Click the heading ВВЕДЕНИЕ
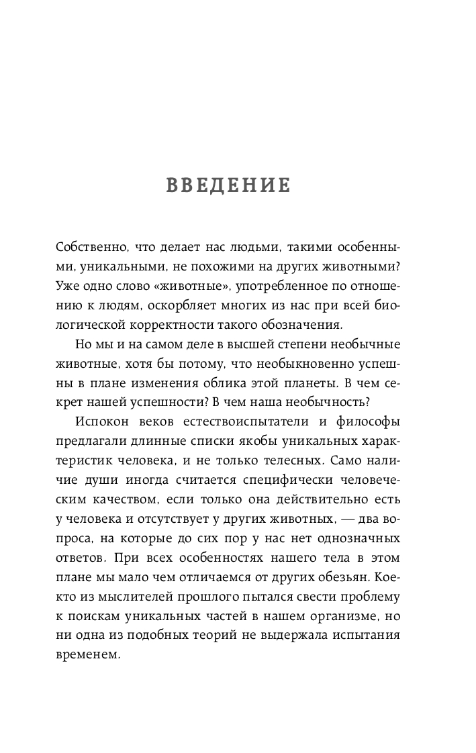point(228,186)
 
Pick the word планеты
point(299,384)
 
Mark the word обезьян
point(367,578)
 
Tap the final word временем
point(89,656)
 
